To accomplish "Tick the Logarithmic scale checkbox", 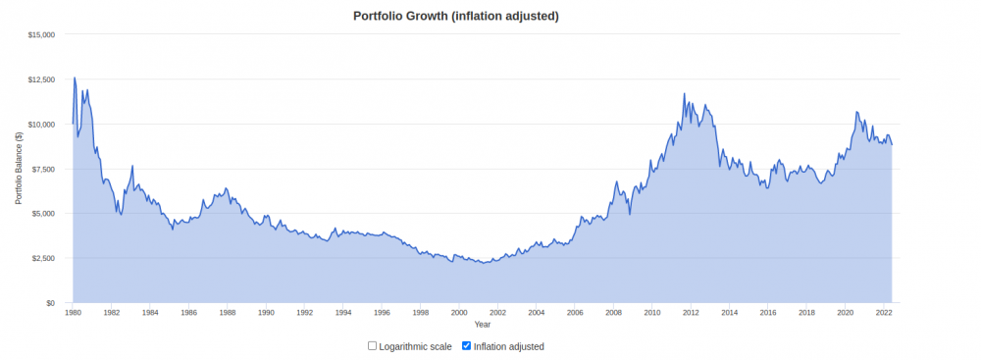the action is pyautogui.click(x=372, y=345).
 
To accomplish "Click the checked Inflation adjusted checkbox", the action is pyautogui.click(x=466, y=345).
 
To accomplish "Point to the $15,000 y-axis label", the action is pyautogui.click(x=42, y=34).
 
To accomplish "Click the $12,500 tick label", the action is pyautogui.click(x=42, y=79).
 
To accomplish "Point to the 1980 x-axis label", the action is pyautogui.click(x=73, y=311).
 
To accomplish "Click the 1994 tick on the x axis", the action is pyautogui.click(x=343, y=311).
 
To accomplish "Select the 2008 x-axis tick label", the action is pyautogui.click(x=614, y=311).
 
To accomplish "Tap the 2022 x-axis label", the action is pyautogui.click(x=884, y=311).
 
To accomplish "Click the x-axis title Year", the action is pyautogui.click(x=483, y=325).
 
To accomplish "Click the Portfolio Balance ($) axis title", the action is pyautogui.click(x=19, y=169).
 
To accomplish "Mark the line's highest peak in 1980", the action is pyautogui.click(x=76, y=77).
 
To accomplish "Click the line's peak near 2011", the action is pyautogui.click(x=684, y=93).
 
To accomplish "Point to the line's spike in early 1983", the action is pyautogui.click(x=132, y=166).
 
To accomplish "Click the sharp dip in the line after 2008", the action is pyautogui.click(x=630, y=214).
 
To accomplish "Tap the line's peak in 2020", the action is pyautogui.click(x=856, y=112).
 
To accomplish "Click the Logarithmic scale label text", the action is pyautogui.click(x=415, y=346).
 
